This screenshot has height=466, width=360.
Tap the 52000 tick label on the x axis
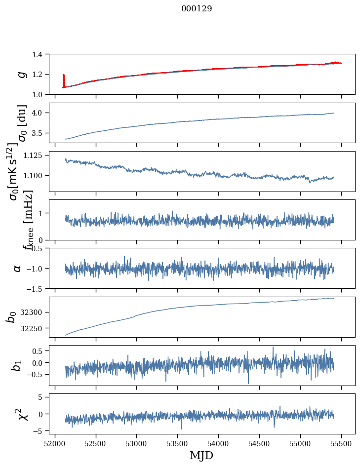[55, 443]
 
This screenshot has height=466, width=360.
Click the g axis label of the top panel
[21, 74]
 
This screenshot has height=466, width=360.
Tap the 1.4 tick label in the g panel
[42, 54]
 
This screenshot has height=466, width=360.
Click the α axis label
[18, 268]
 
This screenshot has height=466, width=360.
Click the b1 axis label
[17, 365]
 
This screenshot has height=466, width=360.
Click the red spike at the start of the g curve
[64, 79]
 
